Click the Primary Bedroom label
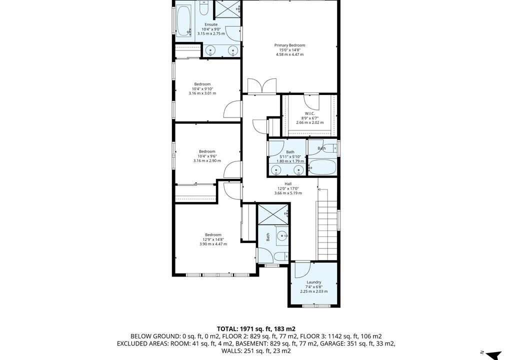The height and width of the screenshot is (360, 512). tap(289, 45)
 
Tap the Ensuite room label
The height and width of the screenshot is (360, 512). tap(211, 24)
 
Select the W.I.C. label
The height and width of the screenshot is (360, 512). tap(310, 113)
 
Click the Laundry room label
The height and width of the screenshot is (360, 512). tap(314, 282)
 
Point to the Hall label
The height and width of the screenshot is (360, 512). tap(288, 184)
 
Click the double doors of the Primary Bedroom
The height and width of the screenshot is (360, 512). tap(262, 86)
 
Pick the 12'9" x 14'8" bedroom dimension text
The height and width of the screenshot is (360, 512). tap(213, 239)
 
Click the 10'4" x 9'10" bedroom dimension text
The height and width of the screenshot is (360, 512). tap(202, 89)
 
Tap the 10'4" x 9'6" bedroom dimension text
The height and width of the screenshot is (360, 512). tap(207, 156)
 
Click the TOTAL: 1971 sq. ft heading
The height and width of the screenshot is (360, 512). tap(256, 329)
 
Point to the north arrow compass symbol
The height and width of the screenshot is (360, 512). tap(493, 355)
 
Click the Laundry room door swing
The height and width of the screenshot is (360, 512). tap(302, 270)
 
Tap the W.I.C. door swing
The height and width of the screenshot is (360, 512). tap(311, 101)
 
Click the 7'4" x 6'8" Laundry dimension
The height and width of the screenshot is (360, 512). tap(314, 287)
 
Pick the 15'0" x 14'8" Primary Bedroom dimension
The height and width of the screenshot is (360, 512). tap(289, 50)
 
